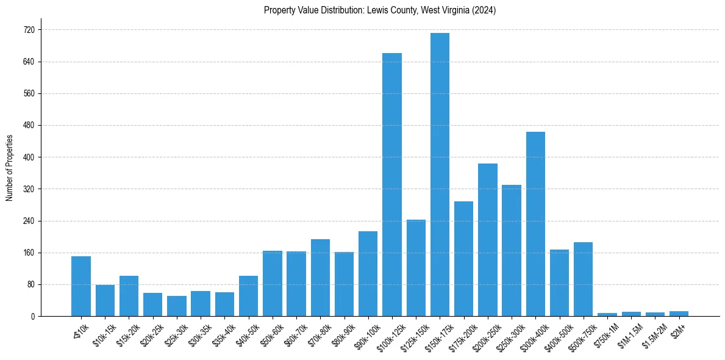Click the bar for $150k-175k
tap(440, 175)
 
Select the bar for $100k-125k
tap(392, 184)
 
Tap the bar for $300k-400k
tap(535, 224)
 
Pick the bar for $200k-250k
tap(488, 240)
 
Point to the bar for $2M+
tap(679, 314)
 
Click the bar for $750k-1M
tap(607, 314)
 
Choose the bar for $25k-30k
tap(177, 306)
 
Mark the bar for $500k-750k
tap(583, 279)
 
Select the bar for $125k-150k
tap(416, 268)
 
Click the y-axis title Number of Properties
tap(9, 167)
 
